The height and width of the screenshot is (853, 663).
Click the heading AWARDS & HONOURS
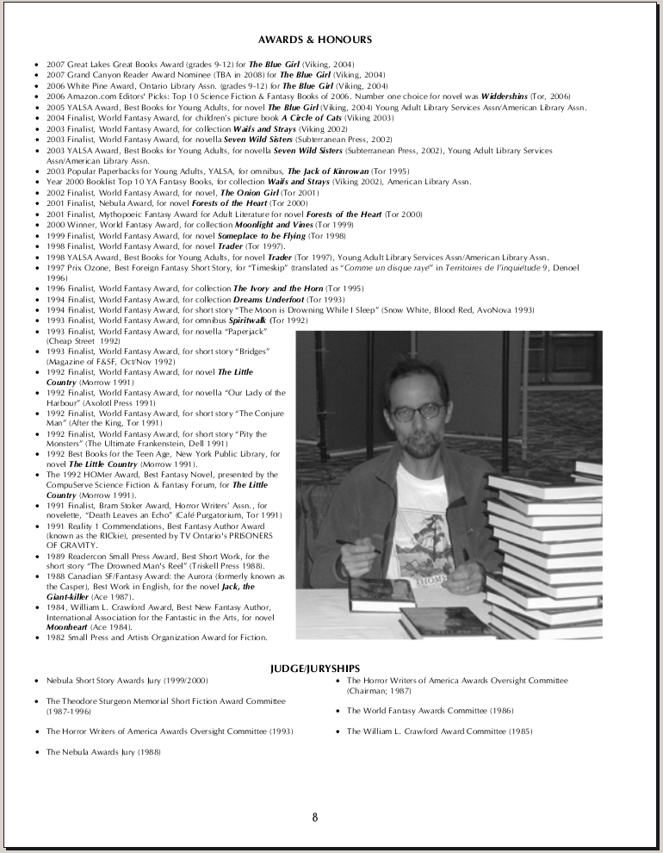coord(315,40)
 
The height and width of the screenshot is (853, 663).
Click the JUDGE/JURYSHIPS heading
coord(315,668)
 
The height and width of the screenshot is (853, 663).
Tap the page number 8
coord(315,817)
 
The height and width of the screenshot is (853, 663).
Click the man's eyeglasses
coord(418,412)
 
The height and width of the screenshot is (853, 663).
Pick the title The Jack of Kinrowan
coord(328,171)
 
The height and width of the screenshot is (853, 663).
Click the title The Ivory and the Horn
coord(276,288)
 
